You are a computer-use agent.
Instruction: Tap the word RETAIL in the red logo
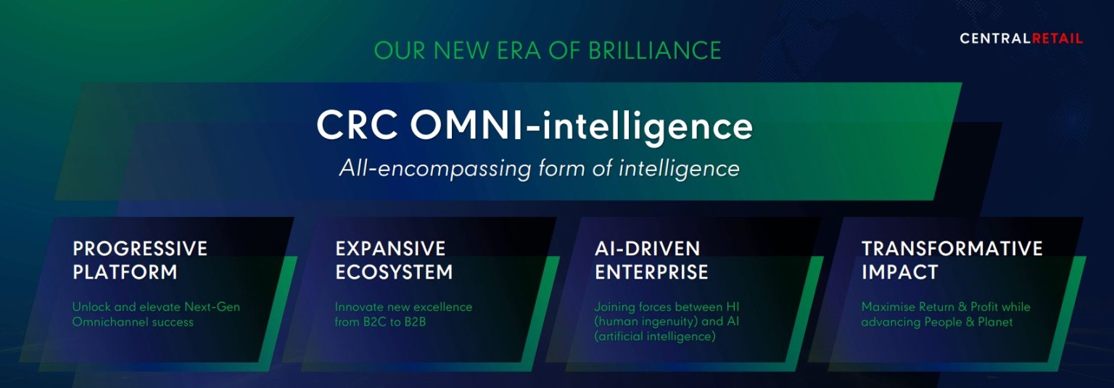pyautogui.click(x=1057, y=38)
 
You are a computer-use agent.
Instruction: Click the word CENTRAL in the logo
pyautogui.click(x=995, y=38)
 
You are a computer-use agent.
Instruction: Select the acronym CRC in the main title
pyautogui.click(x=356, y=125)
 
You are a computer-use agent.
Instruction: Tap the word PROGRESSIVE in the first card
pyautogui.click(x=140, y=249)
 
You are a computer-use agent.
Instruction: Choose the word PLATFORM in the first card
pyautogui.click(x=125, y=273)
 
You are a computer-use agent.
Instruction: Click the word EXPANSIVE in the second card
pyautogui.click(x=390, y=249)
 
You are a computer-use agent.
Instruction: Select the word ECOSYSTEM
pyautogui.click(x=394, y=273)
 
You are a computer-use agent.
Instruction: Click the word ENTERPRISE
pyautogui.click(x=651, y=273)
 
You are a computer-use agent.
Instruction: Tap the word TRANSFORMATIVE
pyautogui.click(x=952, y=249)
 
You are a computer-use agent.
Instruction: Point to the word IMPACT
pyautogui.click(x=899, y=273)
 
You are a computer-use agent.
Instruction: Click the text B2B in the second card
pyautogui.click(x=413, y=321)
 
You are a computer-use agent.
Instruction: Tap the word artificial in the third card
pyautogui.click(x=622, y=337)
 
